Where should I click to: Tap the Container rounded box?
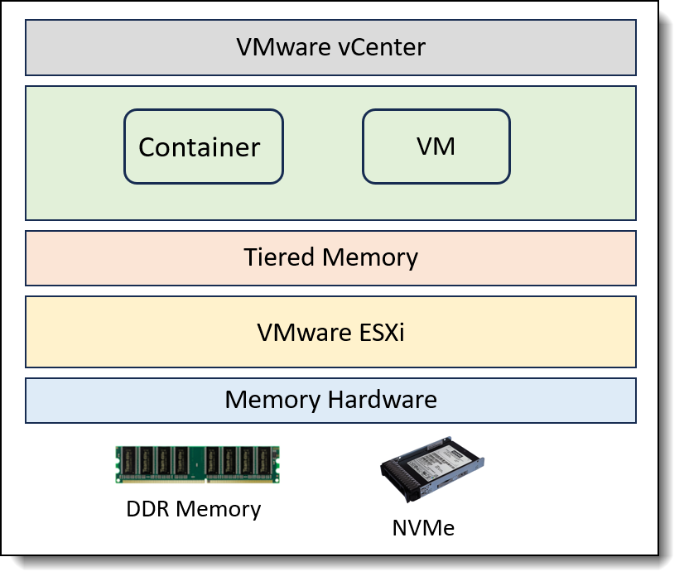pyautogui.click(x=203, y=146)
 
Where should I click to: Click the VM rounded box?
pyautogui.click(x=436, y=146)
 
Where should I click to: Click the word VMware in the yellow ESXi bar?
pyautogui.click(x=302, y=333)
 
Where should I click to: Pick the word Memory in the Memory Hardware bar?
pyautogui.click(x=272, y=401)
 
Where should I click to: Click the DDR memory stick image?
pyautogui.click(x=197, y=464)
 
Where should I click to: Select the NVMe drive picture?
pyautogui.click(x=432, y=479)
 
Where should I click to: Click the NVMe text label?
pyautogui.click(x=423, y=527)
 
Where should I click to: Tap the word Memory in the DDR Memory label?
pyautogui.click(x=221, y=508)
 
